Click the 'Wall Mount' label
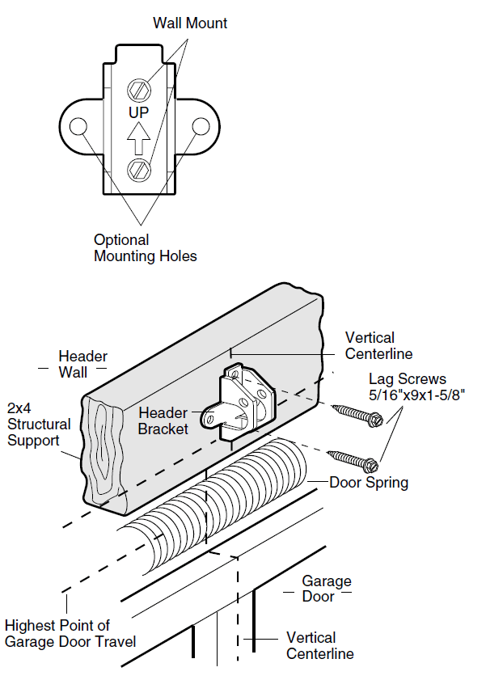tap(190, 23)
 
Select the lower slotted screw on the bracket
tap(139, 169)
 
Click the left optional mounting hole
tap(78, 127)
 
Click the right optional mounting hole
tap(200, 127)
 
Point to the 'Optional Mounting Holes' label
tap(145, 248)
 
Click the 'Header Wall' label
tap(82, 364)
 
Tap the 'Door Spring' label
tap(369, 483)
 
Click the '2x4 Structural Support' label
tap(39, 424)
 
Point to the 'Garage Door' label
tap(327, 589)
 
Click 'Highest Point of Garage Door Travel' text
tap(70, 634)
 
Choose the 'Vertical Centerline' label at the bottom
tap(319, 645)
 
